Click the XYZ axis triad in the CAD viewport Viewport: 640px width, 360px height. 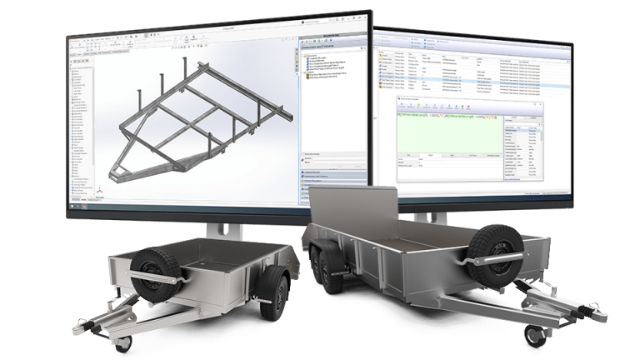pyautogui.click(x=102, y=191)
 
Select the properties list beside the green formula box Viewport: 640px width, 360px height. pyautogui.click(x=522, y=142)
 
